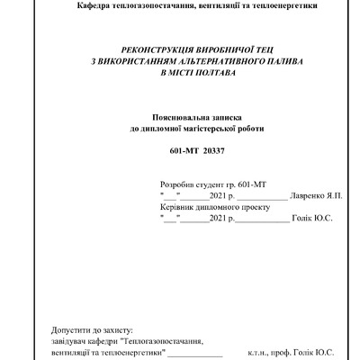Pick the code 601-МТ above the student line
point(184,148)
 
